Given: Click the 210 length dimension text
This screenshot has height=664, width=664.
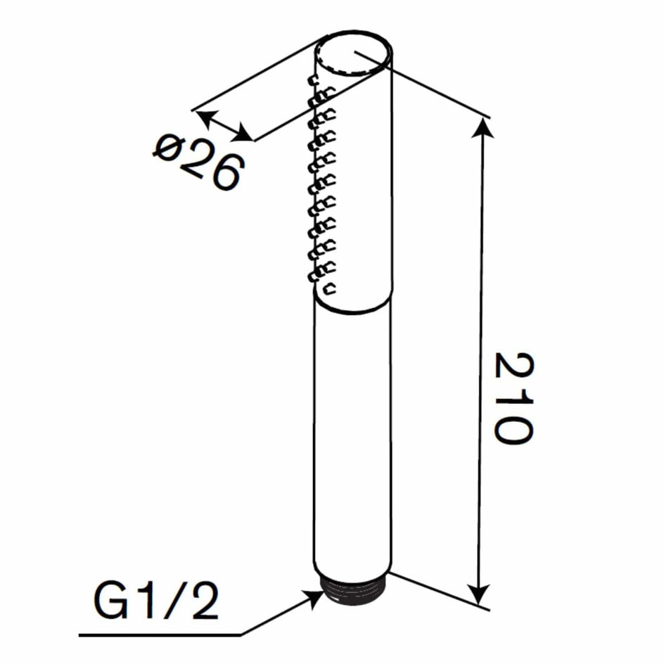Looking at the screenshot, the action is click(513, 397).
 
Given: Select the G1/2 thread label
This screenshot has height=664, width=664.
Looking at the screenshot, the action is click(156, 602).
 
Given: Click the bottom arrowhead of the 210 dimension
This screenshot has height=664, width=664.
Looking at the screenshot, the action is click(480, 594).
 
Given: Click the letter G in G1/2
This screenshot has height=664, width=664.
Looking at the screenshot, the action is click(110, 602).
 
